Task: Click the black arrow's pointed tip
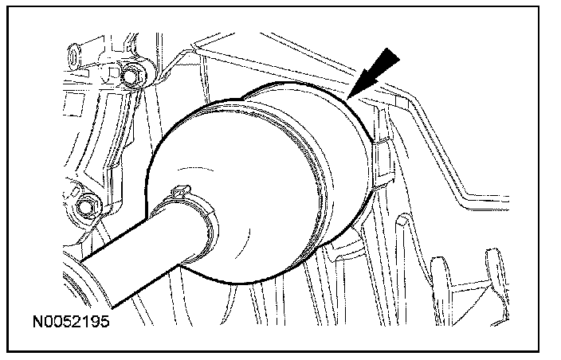click(347, 98)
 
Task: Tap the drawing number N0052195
click(71, 322)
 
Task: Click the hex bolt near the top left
click(130, 76)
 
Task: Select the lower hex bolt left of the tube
click(85, 207)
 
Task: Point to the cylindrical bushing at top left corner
click(74, 57)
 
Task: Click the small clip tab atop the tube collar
click(181, 190)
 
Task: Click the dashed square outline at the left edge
click(73, 104)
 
